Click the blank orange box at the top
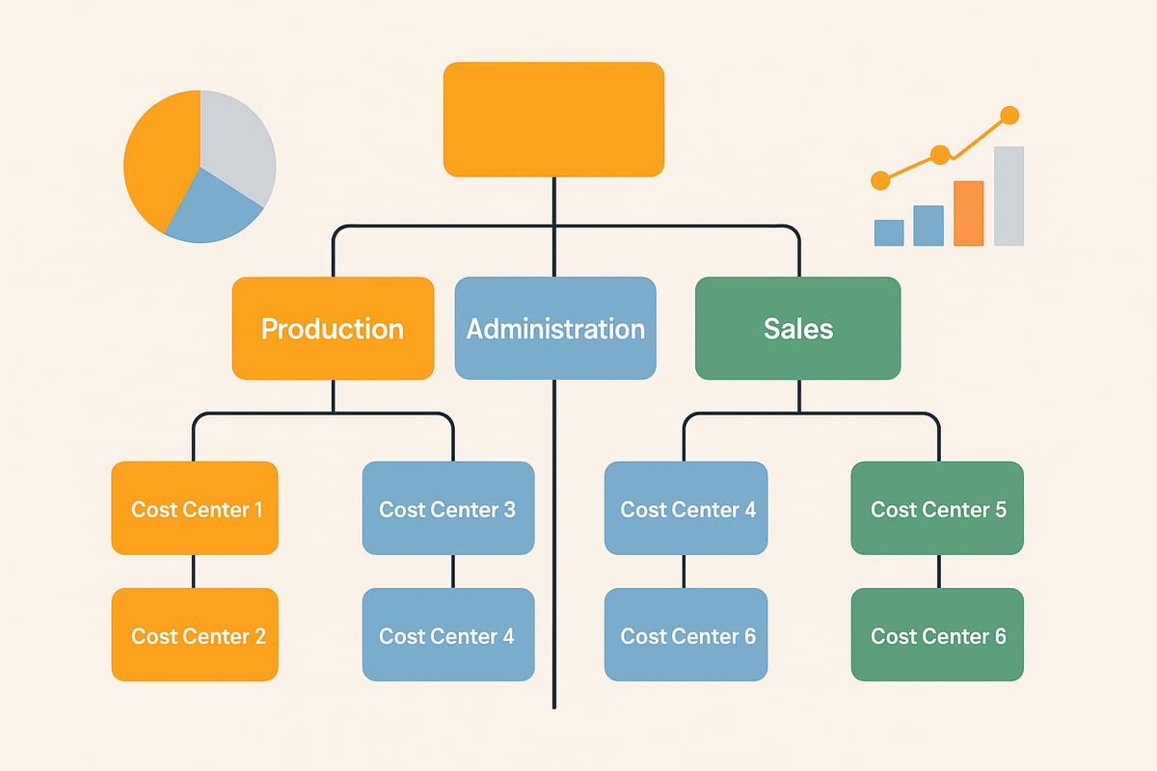coord(553,120)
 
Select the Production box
coord(333,329)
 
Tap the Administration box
coord(555,329)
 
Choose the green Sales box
coord(797,329)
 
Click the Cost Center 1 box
coord(195,509)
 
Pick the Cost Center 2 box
coord(195,635)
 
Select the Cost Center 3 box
coord(447,509)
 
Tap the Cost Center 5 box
coord(937,509)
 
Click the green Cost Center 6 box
coord(937,635)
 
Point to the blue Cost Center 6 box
coord(686,635)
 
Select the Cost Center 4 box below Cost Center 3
coord(447,635)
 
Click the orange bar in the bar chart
coord(968,213)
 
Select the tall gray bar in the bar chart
coord(1009,196)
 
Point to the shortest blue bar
coord(889,232)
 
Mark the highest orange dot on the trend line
coord(1009,116)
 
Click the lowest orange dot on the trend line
coord(879,180)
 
